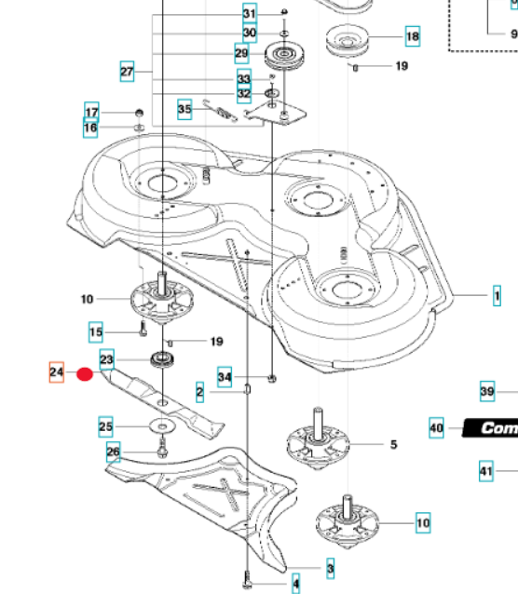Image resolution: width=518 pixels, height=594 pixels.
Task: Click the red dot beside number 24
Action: (x=85, y=374)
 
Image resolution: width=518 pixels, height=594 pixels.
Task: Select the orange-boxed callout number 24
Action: (x=57, y=372)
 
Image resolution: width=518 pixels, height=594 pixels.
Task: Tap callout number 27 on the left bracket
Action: (x=127, y=71)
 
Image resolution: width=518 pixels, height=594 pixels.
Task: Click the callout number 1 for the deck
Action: (x=497, y=295)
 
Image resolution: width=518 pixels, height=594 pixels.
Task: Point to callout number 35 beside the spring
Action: (x=184, y=109)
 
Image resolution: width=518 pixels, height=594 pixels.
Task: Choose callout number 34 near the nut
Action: (x=225, y=377)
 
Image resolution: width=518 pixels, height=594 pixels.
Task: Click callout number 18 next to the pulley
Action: (x=413, y=36)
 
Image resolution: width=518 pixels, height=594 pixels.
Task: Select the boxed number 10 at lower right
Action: (x=423, y=523)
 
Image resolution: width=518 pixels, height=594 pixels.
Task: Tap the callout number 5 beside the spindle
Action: (x=393, y=444)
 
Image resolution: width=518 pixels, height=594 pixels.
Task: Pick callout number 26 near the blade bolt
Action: (x=113, y=452)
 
